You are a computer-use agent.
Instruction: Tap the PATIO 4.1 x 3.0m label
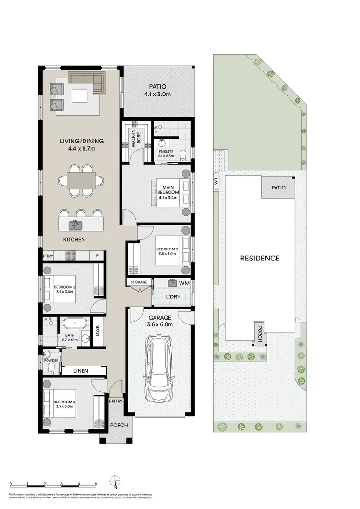(x=157, y=91)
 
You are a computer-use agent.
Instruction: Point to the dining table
(x=80, y=180)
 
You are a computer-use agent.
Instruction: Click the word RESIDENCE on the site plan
(x=260, y=258)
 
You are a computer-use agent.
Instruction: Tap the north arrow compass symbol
(x=114, y=481)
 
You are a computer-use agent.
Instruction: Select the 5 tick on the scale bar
(x=96, y=484)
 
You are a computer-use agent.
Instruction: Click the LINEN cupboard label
(x=83, y=371)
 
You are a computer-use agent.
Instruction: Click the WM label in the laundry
(x=184, y=284)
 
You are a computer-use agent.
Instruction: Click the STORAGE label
(x=138, y=282)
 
